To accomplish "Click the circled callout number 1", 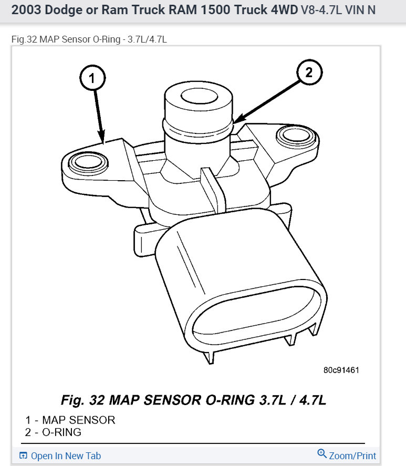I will click(92, 79).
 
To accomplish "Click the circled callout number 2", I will click(309, 73).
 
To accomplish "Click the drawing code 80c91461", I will click(341, 370).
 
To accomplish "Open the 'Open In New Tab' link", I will click(66, 455).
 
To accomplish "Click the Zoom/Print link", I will click(352, 455).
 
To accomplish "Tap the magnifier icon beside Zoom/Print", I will click(322, 454).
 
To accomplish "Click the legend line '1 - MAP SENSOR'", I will click(70, 420).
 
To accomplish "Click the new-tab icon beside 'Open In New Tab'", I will click(23, 455).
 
